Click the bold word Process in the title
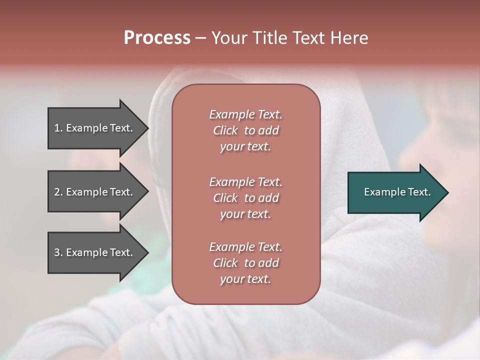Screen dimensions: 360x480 [157, 38]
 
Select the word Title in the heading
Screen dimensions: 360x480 [269, 38]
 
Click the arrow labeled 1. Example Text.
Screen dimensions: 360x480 [95, 128]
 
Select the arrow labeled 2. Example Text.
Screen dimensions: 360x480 [95, 192]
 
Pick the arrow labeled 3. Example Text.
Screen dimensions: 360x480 [95, 252]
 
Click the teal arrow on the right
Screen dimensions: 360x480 [395, 192]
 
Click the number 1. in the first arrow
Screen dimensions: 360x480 [58, 128]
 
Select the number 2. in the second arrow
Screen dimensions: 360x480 [58, 192]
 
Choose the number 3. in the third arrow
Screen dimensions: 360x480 [58, 252]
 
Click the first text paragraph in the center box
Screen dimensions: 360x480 [245, 130]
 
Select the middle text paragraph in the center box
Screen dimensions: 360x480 [245, 198]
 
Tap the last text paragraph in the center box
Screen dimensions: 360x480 [245, 263]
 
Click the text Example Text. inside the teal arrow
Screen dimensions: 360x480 [397, 192]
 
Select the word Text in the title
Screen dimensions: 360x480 [308, 38]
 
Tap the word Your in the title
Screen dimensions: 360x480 [229, 38]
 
